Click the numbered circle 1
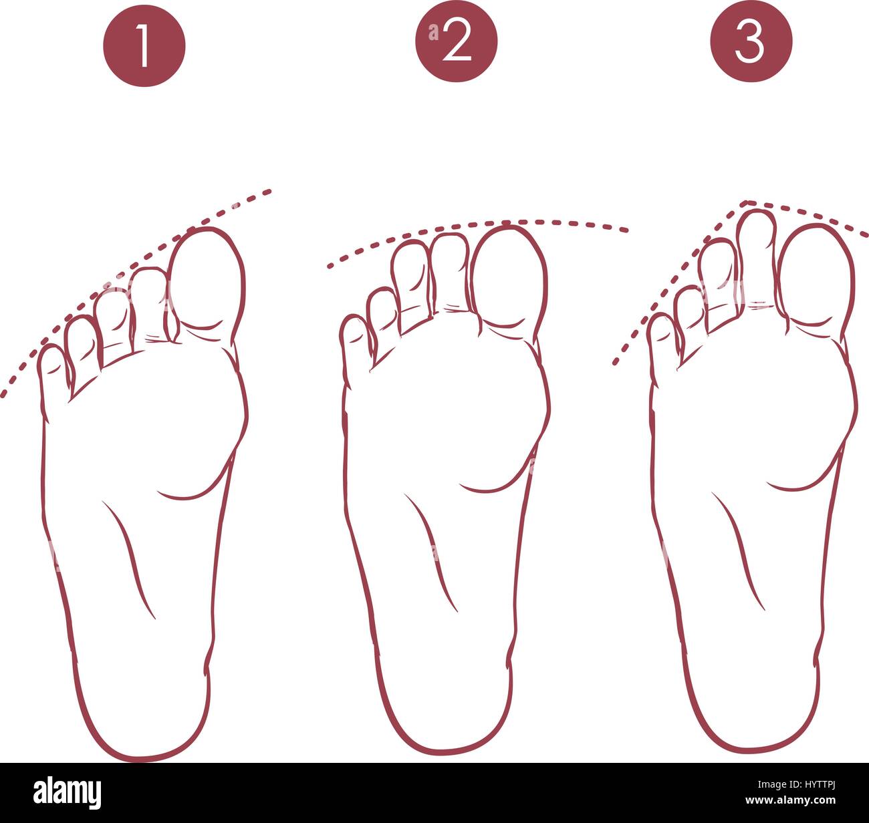(x=144, y=45)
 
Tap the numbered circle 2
(x=456, y=41)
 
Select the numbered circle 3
(x=751, y=41)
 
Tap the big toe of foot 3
(x=816, y=275)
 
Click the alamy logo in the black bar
(x=68, y=792)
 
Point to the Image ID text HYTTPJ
(x=797, y=784)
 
